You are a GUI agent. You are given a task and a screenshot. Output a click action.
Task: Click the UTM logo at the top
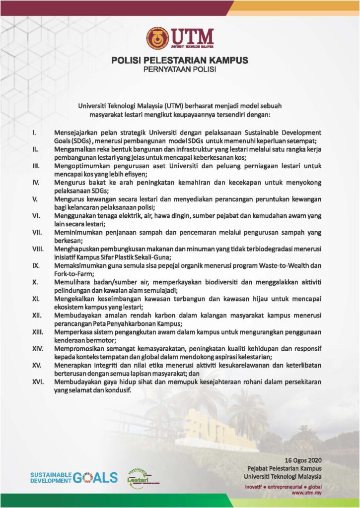(x=180, y=38)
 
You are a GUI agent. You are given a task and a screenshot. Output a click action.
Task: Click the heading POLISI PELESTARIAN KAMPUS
(x=180, y=61)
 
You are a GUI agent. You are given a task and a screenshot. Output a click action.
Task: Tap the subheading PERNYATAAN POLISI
(x=180, y=69)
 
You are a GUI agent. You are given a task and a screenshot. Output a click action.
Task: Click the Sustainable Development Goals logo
(x=73, y=477)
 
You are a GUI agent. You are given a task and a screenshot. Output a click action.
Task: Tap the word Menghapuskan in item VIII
(x=77, y=249)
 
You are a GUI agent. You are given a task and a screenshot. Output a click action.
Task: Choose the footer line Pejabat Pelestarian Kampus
(x=284, y=468)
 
